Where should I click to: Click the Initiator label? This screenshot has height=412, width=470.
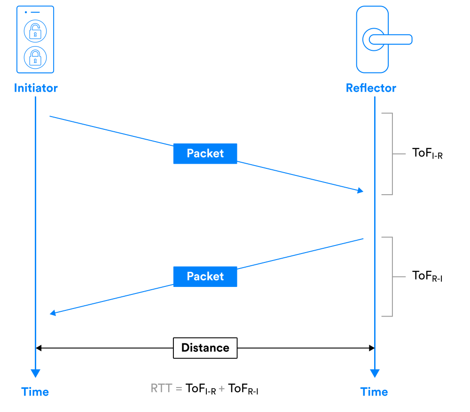click(x=36, y=88)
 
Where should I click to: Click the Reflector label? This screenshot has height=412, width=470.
click(x=371, y=88)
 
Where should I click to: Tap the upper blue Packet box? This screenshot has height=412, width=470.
click(x=205, y=154)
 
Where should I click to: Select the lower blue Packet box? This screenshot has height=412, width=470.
click(x=205, y=277)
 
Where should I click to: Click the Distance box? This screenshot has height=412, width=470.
click(x=205, y=348)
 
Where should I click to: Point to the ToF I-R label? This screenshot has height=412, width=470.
click(x=427, y=153)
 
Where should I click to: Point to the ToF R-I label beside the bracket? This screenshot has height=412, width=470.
click(x=427, y=276)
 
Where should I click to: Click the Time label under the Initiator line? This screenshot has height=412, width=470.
click(x=35, y=392)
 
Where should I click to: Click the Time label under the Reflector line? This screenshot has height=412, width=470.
click(x=374, y=392)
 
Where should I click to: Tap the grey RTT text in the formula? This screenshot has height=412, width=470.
click(x=162, y=388)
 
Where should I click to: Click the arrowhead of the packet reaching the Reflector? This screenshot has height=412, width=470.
click(x=360, y=190)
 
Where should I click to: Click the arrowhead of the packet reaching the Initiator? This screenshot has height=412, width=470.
click(x=53, y=313)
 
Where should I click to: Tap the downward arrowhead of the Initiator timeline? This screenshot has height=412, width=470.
click(x=35, y=373)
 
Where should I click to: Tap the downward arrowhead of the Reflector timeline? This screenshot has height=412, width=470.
click(x=374, y=373)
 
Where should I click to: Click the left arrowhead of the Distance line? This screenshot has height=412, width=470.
click(x=39, y=348)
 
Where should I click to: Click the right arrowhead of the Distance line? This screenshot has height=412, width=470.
click(x=371, y=348)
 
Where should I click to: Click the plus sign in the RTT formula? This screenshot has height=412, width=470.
click(x=222, y=389)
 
